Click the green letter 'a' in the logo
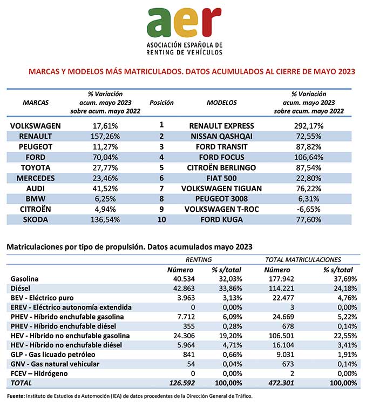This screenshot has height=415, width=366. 159,23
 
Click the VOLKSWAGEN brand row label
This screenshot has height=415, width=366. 36,126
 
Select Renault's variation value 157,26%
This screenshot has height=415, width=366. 105,136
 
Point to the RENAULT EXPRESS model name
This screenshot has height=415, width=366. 222,126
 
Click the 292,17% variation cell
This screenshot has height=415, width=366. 309,126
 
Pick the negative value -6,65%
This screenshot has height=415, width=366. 309,209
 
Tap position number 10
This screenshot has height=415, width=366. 161,219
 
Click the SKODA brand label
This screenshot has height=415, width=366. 36,219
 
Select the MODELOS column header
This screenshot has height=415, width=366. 222,103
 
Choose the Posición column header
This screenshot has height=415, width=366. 161,103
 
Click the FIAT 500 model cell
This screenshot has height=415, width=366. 222,178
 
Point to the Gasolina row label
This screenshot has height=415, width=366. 24,279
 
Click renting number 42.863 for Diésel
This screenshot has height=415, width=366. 184,288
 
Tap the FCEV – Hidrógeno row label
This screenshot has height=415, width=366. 39,373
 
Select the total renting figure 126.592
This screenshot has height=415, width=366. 182,383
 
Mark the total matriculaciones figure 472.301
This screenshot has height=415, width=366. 281,383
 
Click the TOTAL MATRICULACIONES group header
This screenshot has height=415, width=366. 303,259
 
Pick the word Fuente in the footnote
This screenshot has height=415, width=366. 16,396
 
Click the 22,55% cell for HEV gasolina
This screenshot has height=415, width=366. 345,336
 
